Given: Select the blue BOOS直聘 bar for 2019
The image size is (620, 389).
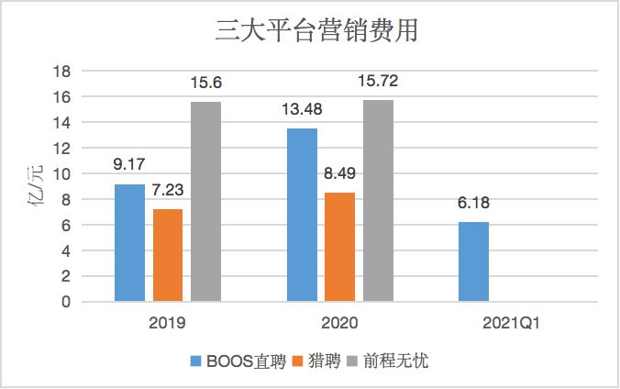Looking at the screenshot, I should coord(129,242).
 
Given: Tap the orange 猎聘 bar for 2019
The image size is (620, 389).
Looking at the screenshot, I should coord(168,255).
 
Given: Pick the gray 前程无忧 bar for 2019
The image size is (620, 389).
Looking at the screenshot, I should coord(205,201).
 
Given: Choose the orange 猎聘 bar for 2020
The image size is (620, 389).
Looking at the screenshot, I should coord(339,247).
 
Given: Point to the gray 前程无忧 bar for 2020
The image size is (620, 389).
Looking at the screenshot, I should coord(378,200).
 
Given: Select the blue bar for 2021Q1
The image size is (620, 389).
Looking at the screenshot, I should coord(473,261).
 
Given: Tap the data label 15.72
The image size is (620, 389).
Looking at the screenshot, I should coord(378,83).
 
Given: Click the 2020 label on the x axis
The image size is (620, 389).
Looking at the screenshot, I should coord(340,323).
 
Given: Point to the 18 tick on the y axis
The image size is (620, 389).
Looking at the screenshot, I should coord(63,71).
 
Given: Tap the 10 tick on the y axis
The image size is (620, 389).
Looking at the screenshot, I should coord(63,173).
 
